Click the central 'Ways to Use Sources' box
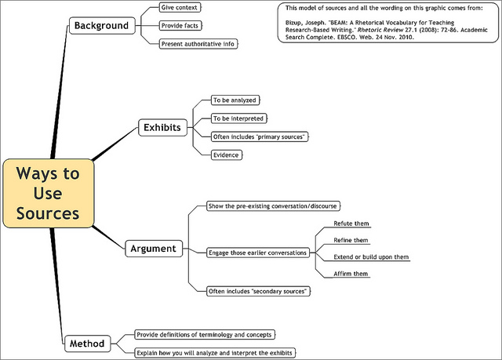click(x=48, y=192)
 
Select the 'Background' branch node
click(x=100, y=25)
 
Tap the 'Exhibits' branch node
click(x=162, y=127)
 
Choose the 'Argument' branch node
click(x=153, y=249)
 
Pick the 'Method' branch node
click(x=86, y=343)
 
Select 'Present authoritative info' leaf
click(x=197, y=44)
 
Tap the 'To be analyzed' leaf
click(x=235, y=100)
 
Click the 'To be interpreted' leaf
click(x=238, y=118)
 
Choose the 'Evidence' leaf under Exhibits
click(x=226, y=155)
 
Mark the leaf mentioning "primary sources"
click(x=258, y=136)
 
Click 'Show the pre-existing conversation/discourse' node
click(x=272, y=206)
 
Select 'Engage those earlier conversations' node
click(x=257, y=253)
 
